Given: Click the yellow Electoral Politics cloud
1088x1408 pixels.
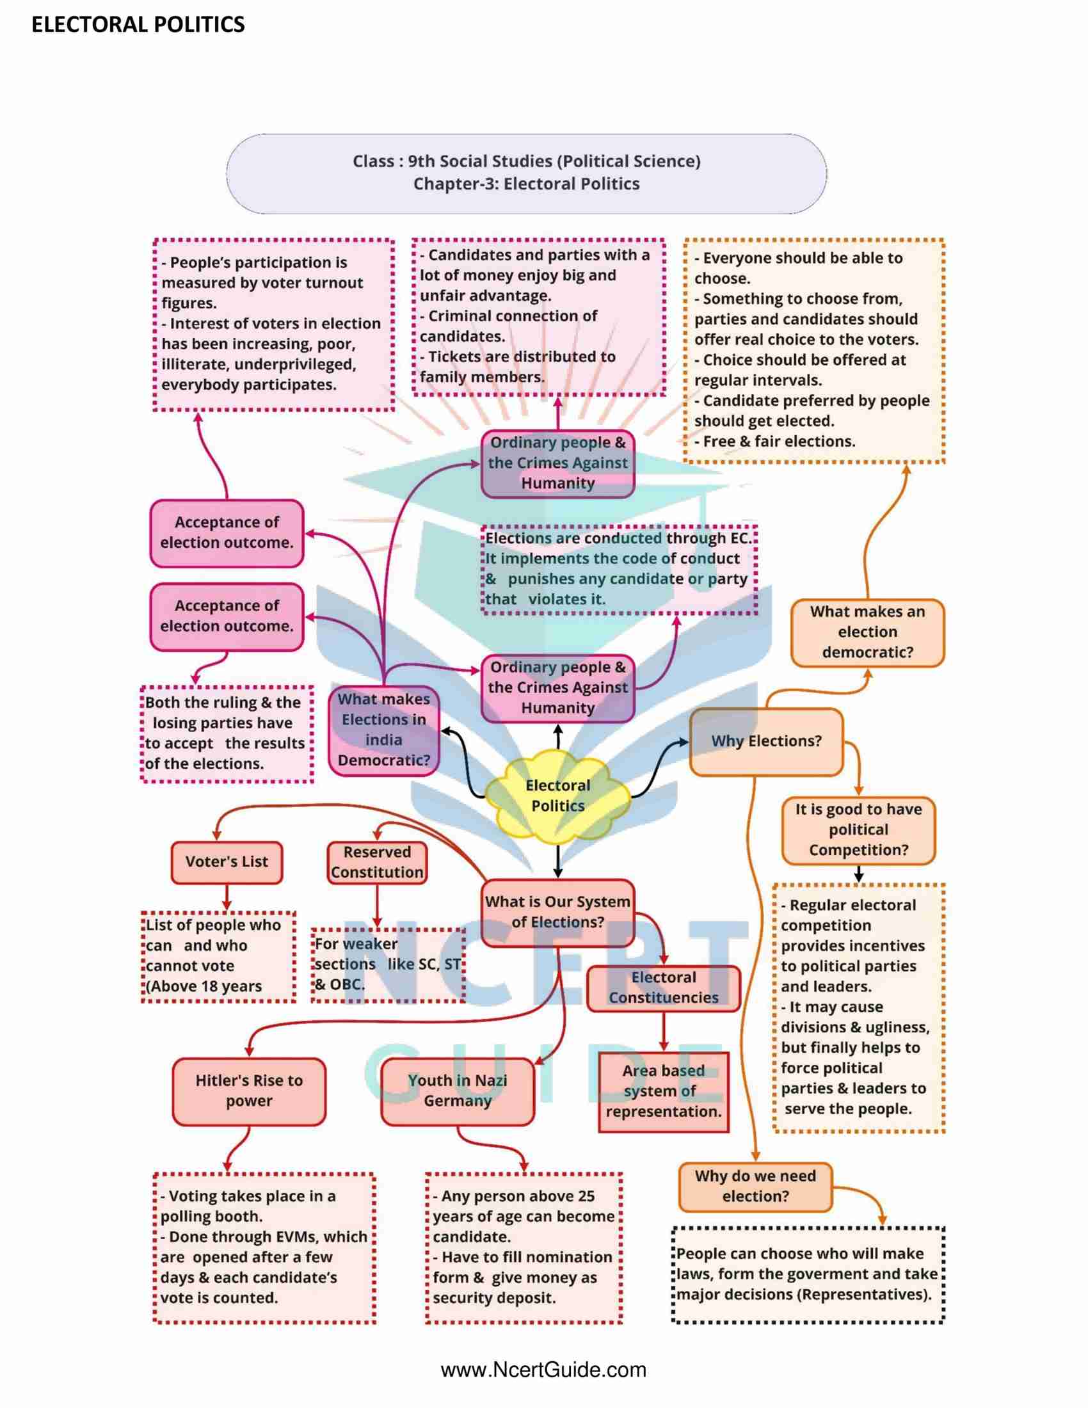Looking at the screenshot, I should click(557, 797).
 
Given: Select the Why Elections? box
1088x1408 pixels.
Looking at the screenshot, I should click(765, 741).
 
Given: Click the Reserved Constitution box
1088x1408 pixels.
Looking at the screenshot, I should click(377, 862).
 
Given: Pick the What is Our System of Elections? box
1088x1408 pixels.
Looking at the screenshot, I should click(557, 912).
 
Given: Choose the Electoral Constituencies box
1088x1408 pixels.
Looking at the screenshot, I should click(663, 988).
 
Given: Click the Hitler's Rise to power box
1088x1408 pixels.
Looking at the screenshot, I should click(249, 1091).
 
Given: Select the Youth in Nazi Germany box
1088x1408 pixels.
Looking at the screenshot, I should click(458, 1091).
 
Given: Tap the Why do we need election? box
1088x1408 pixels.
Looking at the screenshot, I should click(755, 1186).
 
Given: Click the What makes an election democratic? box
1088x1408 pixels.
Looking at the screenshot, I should click(867, 632).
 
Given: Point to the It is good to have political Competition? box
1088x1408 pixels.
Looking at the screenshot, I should click(858, 829).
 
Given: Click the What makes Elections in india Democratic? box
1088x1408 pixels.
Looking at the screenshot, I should click(383, 730).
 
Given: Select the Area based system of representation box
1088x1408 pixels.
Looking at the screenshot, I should click(663, 1091).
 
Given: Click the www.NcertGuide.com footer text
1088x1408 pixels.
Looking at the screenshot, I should click(543, 1370).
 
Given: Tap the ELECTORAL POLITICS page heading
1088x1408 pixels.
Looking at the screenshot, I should click(138, 24).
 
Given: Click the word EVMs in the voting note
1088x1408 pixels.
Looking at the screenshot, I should click(294, 1236).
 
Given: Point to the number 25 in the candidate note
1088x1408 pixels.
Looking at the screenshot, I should click(586, 1196).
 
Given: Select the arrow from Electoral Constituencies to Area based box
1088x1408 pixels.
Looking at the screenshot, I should click(663, 1032).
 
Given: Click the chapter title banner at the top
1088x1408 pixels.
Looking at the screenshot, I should click(526, 173).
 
